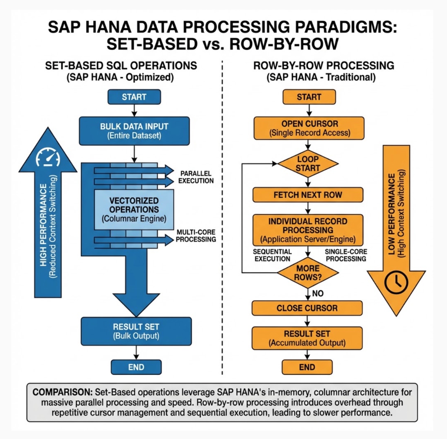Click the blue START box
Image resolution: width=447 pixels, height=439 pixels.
[134, 97]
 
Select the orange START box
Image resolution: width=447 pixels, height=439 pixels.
[309, 97]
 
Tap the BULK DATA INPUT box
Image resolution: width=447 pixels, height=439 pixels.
[134, 130]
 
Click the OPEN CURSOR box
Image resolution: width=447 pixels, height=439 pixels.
[309, 127]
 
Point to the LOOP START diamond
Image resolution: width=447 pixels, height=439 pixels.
[308, 163]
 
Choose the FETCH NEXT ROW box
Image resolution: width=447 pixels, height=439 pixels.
[308, 195]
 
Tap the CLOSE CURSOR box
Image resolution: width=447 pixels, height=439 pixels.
[307, 308]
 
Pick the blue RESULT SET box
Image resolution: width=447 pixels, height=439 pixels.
[136, 331]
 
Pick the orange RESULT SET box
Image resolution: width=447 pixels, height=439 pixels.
[307, 338]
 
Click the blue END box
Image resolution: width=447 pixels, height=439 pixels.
[136, 367]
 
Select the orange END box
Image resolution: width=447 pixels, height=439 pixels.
[307, 367]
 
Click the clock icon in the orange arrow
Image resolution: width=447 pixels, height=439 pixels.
[397, 282]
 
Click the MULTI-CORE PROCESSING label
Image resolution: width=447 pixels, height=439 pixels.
[195, 236]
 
